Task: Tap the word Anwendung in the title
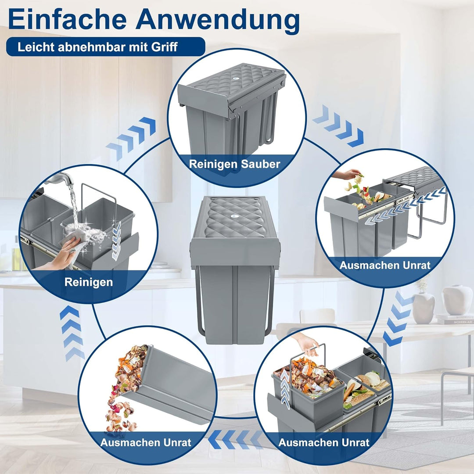tap(218, 20)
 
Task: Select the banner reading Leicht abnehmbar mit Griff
tap(105, 47)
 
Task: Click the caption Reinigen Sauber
tap(234, 164)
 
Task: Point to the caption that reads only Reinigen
tap(89, 282)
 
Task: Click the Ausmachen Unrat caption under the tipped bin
tap(146, 442)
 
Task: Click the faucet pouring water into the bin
tap(63, 180)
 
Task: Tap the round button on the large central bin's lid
tap(236, 217)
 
